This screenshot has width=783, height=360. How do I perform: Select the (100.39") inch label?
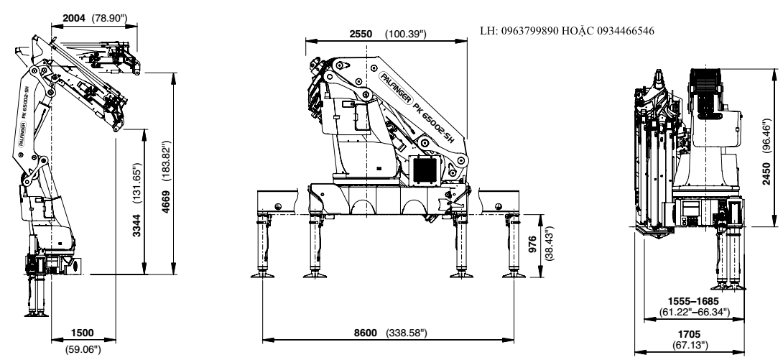pos(406,34)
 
